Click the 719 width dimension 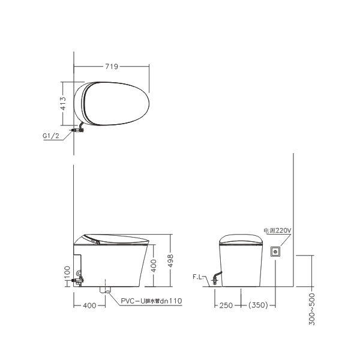[x=112, y=67]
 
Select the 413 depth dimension [x=62, y=103]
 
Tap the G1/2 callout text [x=51, y=136]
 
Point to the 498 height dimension [x=170, y=260]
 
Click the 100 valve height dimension [x=67, y=272]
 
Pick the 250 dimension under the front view [x=226, y=305]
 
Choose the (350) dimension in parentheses [x=258, y=305]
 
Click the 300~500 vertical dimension [x=312, y=309]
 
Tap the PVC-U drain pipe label [x=151, y=301]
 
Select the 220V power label [x=277, y=230]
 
